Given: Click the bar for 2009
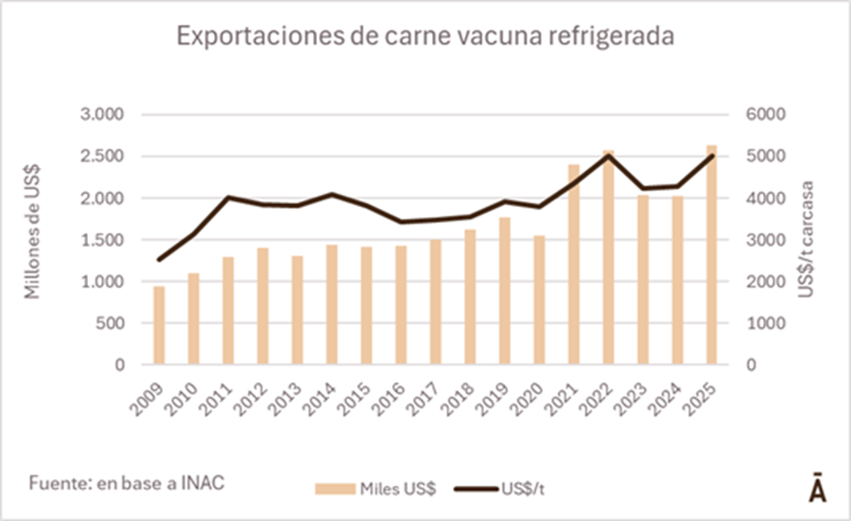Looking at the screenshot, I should point(160,325).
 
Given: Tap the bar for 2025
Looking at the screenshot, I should point(712,255).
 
